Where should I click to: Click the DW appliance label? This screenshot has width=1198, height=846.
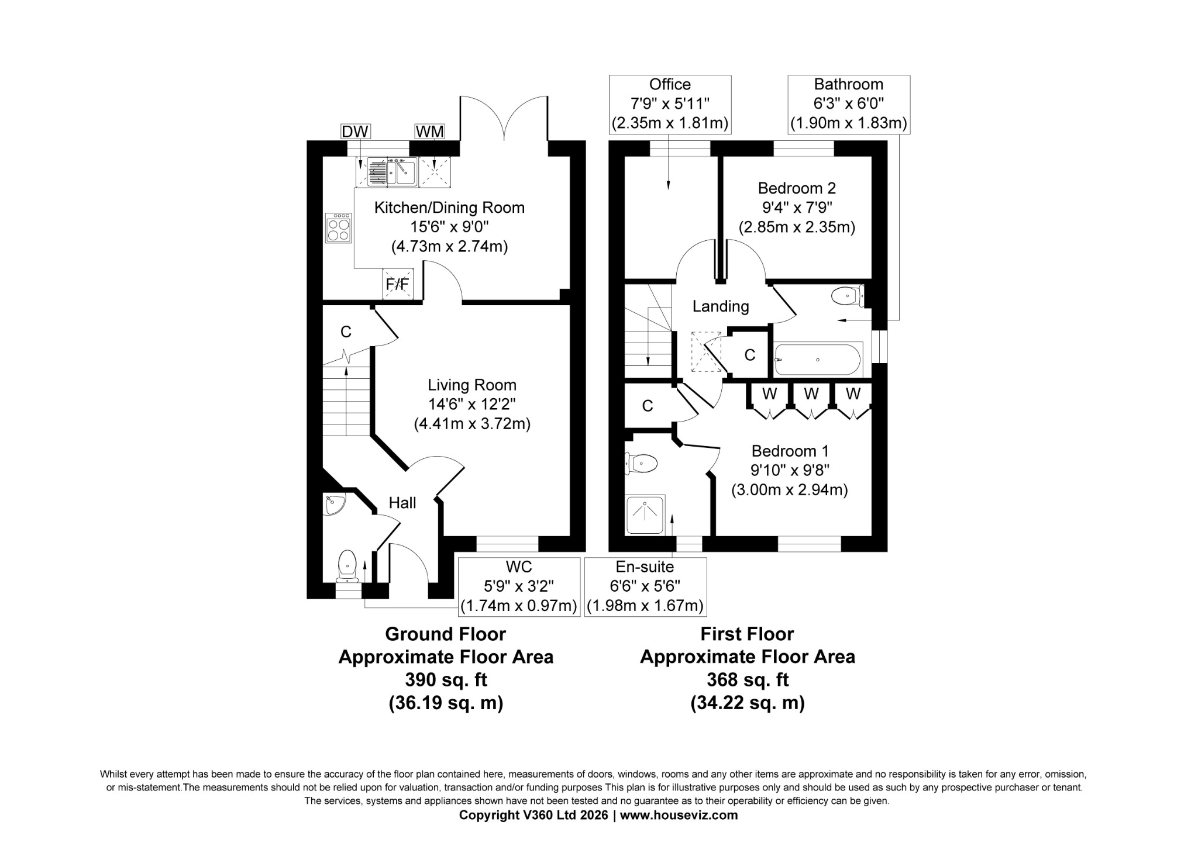(355, 132)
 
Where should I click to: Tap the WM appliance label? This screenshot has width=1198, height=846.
(429, 132)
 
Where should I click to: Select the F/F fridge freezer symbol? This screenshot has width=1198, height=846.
(397, 284)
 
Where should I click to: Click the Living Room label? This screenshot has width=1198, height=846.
(472, 385)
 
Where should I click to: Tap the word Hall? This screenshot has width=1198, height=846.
(402, 503)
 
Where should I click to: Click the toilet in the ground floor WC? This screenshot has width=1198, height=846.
(347, 566)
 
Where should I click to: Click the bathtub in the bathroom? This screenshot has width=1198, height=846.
(818, 360)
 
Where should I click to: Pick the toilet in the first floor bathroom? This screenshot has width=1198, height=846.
(848, 296)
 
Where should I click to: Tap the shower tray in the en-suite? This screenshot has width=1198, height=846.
(645, 516)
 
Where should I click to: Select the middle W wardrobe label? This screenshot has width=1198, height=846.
(811, 394)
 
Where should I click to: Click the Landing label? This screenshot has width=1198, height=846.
(721, 306)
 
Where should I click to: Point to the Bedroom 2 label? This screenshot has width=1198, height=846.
(797, 188)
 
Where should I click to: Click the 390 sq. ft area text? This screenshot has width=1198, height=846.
(446, 680)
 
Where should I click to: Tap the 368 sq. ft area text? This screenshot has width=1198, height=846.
(748, 680)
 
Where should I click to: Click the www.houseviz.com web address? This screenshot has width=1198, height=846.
(679, 815)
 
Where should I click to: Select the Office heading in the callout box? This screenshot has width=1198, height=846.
(670, 85)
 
